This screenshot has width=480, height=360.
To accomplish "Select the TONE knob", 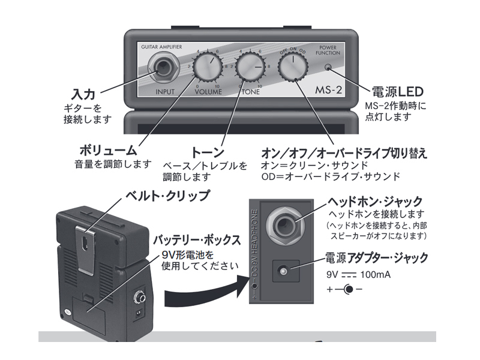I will pyautogui.click(x=250, y=67).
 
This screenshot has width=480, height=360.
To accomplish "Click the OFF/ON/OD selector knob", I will pyautogui.click(x=292, y=67).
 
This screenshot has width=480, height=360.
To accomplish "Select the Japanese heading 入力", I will pyautogui.click(x=83, y=94).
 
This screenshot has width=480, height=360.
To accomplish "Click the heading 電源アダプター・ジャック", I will pyautogui.click(x=376, y=258).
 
